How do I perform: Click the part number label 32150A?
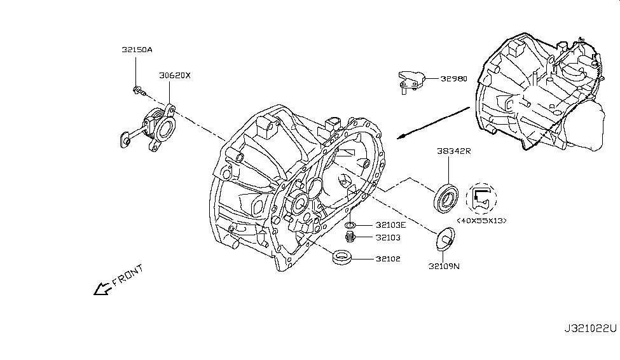pyautogui.click(x=137, y=48)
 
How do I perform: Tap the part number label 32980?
pyautogui.click(x=453, y=80)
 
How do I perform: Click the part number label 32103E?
pyautogui.click(x=390, y=225)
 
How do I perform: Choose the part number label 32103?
pyautogui.click(x=387, y=239)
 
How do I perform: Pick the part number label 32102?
pyautogui.click(x=387, y=259)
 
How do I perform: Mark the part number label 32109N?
pyautogui.click(x=443, y=267)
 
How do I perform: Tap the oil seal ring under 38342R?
pyautogui.click(x=444, y=196)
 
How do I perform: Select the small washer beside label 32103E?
pyautogui.click(x=350, y=225)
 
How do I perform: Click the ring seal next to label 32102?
pyautogui.click(x=343, y=258)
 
